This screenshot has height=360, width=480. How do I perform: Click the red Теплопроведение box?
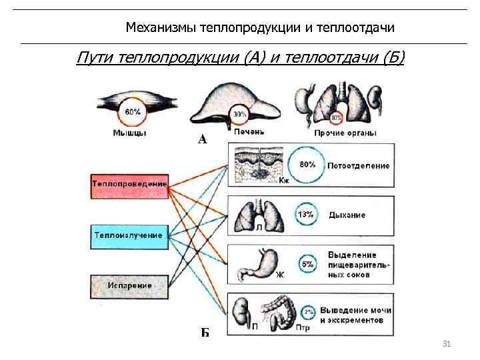[130, 183]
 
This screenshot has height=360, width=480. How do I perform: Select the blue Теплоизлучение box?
[129, 235]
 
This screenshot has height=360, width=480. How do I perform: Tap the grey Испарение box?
[130, 285]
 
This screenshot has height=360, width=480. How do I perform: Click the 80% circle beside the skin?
[307, 165]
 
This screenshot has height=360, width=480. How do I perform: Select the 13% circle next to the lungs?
[306, 215]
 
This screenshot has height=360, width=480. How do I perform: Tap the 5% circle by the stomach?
[307, 265]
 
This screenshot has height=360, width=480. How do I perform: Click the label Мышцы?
[129, 133]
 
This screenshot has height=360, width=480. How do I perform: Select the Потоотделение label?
[358, 165]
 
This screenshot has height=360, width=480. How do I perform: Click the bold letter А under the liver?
[203, 140]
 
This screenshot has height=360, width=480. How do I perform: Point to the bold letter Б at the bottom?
[205, 331]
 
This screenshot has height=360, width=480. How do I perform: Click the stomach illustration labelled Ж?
[257, 264]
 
